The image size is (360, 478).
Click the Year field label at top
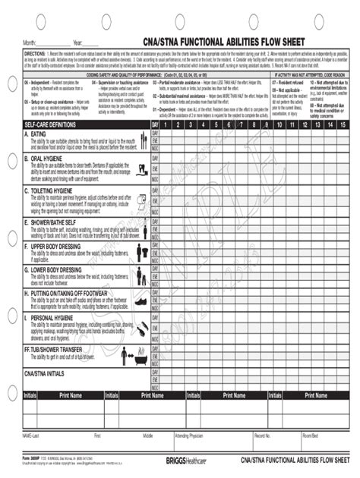point(77,42)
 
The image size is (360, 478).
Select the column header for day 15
point(343,124)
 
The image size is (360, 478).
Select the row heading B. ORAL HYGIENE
point(49,159)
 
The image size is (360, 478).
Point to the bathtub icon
point(141,355)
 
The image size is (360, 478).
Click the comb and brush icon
point(142,329)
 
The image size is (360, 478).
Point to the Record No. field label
point(264,436)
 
